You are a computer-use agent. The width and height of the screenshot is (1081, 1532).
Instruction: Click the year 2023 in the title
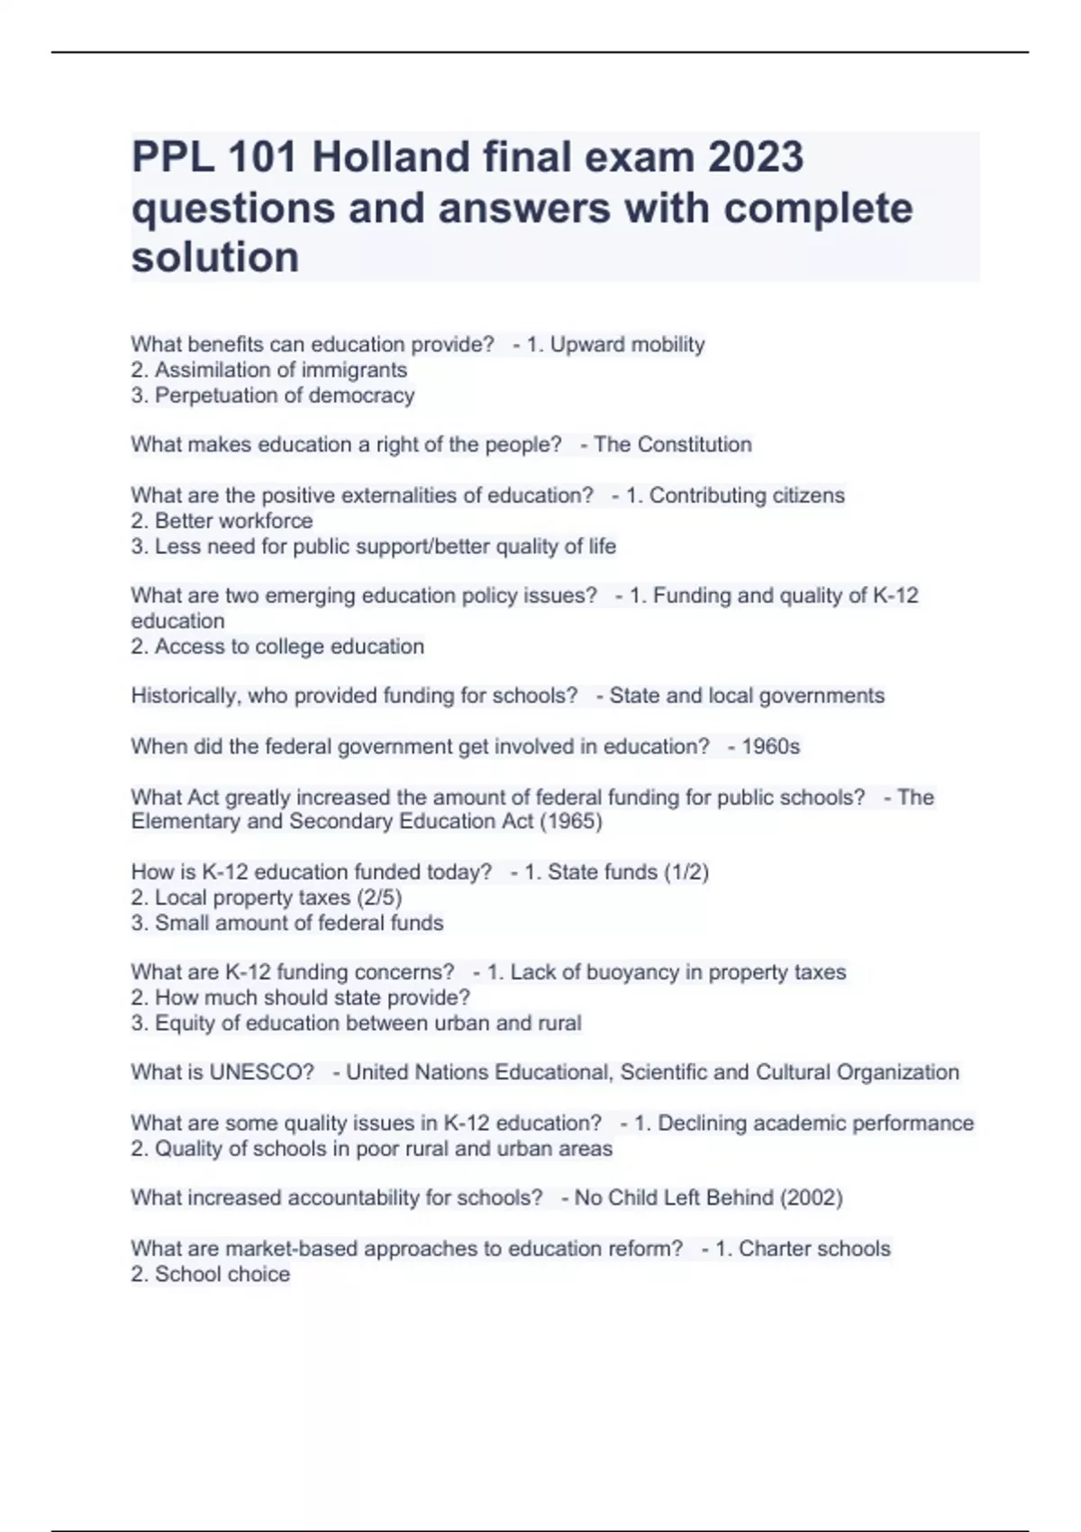click(x=755, y=157)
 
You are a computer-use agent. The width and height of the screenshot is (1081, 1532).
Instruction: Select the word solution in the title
click(x=215, y=258)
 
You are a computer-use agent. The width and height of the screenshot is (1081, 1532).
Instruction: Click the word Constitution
click(x=695, y=444)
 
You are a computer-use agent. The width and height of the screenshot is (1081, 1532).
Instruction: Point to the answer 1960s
click(x=770, y=746)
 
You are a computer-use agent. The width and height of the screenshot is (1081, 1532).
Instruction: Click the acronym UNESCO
click(x=261, y=1072)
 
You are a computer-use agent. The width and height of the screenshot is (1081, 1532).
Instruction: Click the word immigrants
click(x=354, y=369)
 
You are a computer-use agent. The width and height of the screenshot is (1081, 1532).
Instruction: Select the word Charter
click(x=774, y=1249)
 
